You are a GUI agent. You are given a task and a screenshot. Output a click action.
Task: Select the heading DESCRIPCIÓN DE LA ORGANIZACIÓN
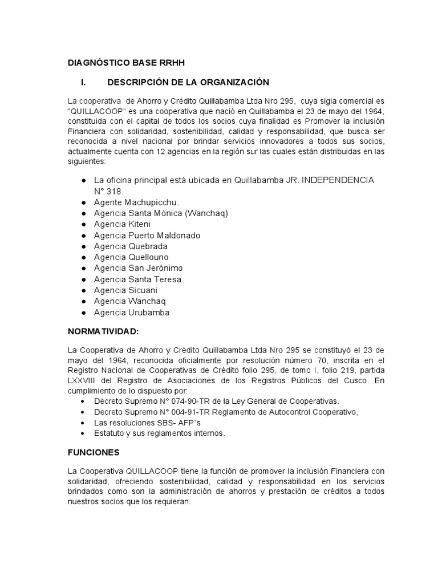[x=188, y=82]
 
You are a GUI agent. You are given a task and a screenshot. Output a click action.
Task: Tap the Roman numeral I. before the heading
[x=83, y=82]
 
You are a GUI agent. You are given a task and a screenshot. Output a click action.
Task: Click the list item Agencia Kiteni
[x=122, y=224]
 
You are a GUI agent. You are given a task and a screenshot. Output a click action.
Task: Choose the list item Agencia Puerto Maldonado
[x=147, y=236]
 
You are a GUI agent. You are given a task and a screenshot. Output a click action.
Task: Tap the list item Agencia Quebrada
[x=131, y=246]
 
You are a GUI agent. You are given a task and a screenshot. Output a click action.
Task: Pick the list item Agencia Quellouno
[x=131, y=257]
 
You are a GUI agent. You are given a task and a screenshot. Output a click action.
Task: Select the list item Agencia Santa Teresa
[x=137, y=279]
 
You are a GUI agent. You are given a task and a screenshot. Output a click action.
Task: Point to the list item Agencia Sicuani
[x=125, y=290]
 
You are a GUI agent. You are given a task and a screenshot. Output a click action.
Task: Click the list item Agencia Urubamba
[x=132, y=313]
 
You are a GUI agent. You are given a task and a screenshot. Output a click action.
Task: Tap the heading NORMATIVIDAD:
[x=103, y=331]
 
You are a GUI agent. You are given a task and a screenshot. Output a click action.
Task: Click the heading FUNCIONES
[x=94, y=452]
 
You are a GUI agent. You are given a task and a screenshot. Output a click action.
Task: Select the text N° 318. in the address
[x=108, y=191]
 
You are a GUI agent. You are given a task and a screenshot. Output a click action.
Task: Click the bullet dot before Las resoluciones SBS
[x=83, y=423]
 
